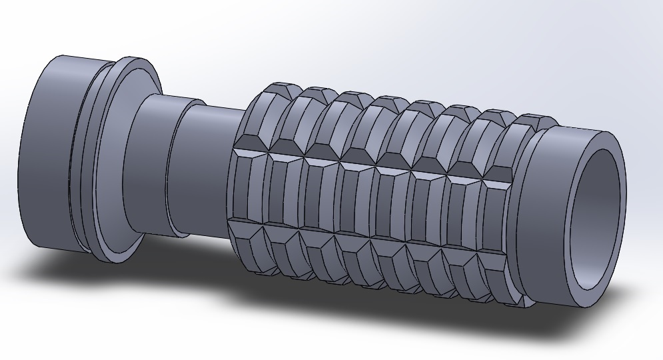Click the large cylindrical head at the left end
(47, 153)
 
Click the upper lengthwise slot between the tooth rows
(373, 167)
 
